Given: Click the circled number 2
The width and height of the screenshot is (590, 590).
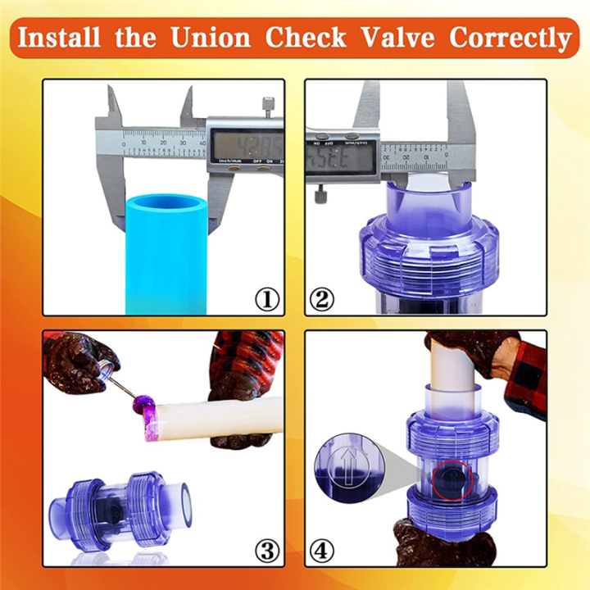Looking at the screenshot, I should point(322,300).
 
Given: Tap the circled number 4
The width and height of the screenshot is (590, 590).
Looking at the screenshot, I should point(322,549).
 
